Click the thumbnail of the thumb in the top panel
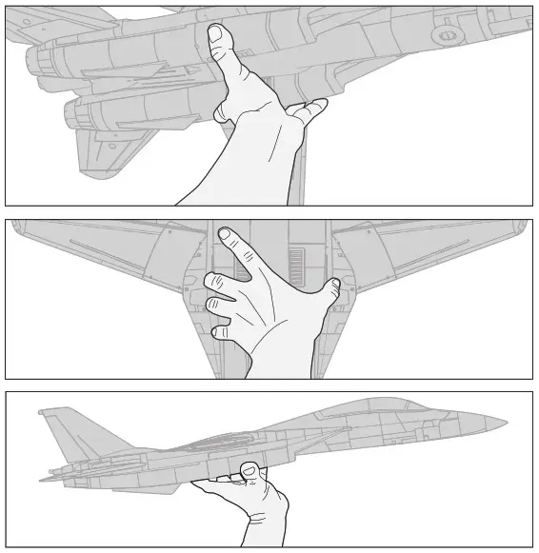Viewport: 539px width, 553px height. pos(216,35)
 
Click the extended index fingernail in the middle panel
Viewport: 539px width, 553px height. pos(225,233)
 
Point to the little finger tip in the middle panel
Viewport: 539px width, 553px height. pos(220,333)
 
